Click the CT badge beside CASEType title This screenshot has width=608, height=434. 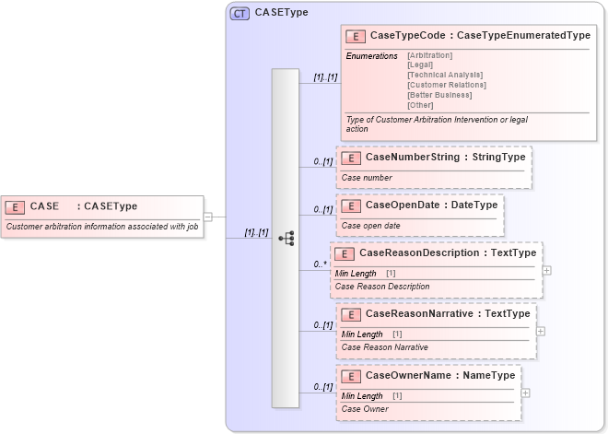[240, 13]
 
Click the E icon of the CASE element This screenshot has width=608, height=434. [16, 206]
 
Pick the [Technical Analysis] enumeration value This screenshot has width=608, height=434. [444, 75]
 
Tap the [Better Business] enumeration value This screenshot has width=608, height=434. [438, 94]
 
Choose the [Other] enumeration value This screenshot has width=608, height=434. [420, 104]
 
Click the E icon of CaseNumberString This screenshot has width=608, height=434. [350, 158]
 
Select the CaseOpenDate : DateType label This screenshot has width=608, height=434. [431, 205]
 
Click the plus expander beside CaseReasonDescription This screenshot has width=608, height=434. [547, 271]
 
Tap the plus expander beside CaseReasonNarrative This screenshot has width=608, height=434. [541, 331]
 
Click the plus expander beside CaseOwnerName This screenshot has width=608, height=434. [525, 393]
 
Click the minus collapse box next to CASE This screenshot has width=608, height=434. [208, 217]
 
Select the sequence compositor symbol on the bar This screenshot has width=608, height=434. [285, 238]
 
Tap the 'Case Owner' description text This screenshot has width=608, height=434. [364, 408]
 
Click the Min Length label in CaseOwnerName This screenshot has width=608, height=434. [362, 395]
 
